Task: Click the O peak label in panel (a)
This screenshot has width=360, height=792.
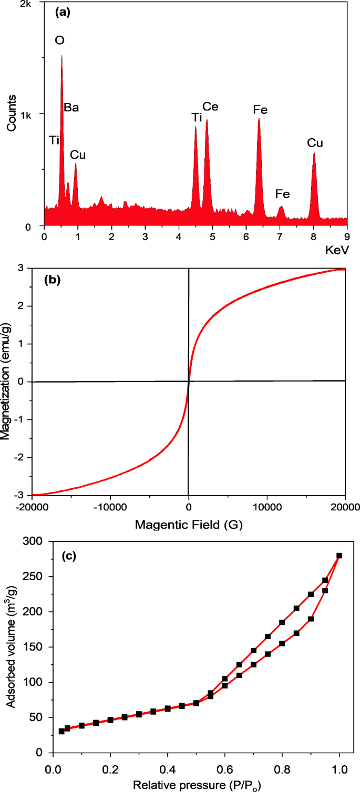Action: pyautogui.click(x=60, y=40)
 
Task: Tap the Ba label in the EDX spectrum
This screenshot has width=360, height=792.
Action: pyautogui.click(x=71, y=108)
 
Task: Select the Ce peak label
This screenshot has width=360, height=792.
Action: pyautogui.click(x=210, y=107)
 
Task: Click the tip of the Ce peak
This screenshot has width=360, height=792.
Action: pyautogui.click(x=207, y=120)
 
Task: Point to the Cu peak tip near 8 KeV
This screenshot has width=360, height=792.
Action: pyautogui.click(x=314, y=153)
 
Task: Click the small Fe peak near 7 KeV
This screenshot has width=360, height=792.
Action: pyautogui.click(x=281, y=208)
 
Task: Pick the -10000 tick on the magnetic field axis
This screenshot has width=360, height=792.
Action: pyautogui.click(x=109, y=507)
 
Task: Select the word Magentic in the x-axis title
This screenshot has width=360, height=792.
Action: pyautogui.click(x=156, y=524)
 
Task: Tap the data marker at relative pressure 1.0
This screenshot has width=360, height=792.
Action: pyautogui.click(x=339, y=556)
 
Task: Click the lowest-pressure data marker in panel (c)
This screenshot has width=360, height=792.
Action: pyautogui.click(x=61, y=731)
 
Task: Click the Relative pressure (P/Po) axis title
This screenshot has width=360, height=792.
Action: pyautogui.click(x=197, y=785)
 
